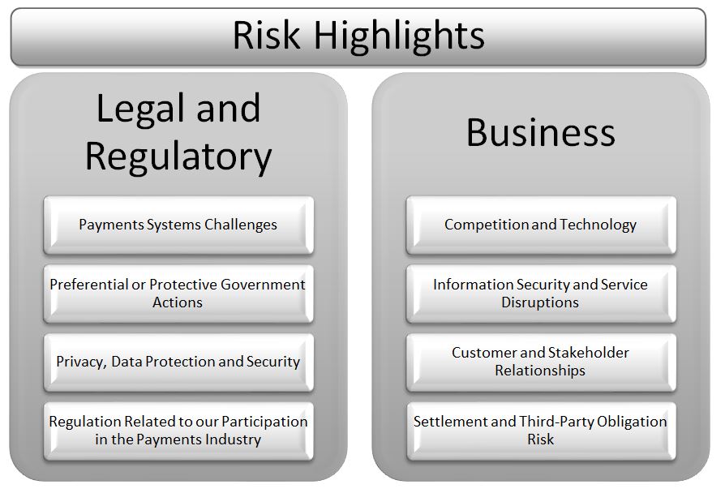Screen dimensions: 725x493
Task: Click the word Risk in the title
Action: tap(266, 35)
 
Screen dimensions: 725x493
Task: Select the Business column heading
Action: tap(541, 132)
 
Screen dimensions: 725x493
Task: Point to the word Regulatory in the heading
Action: tap(178, 156)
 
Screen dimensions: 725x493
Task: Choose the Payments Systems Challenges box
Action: tap(178, 225)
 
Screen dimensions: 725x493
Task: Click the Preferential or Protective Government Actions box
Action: tap(178, 294)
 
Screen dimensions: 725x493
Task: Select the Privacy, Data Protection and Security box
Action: tap(178, 362)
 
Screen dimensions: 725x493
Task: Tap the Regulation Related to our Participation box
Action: tap(178, 431)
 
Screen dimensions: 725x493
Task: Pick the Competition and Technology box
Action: tap(541, 225)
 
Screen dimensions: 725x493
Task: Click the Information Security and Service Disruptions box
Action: tap(541, 294)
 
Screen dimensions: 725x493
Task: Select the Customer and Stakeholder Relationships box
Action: tap(541, 362)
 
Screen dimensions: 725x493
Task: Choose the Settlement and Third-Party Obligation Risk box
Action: tap(541, 431)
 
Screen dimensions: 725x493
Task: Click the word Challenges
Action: tap(240, 225)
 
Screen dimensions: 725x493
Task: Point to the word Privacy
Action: tap(81, 362)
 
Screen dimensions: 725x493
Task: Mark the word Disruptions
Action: tap(540, 302)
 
